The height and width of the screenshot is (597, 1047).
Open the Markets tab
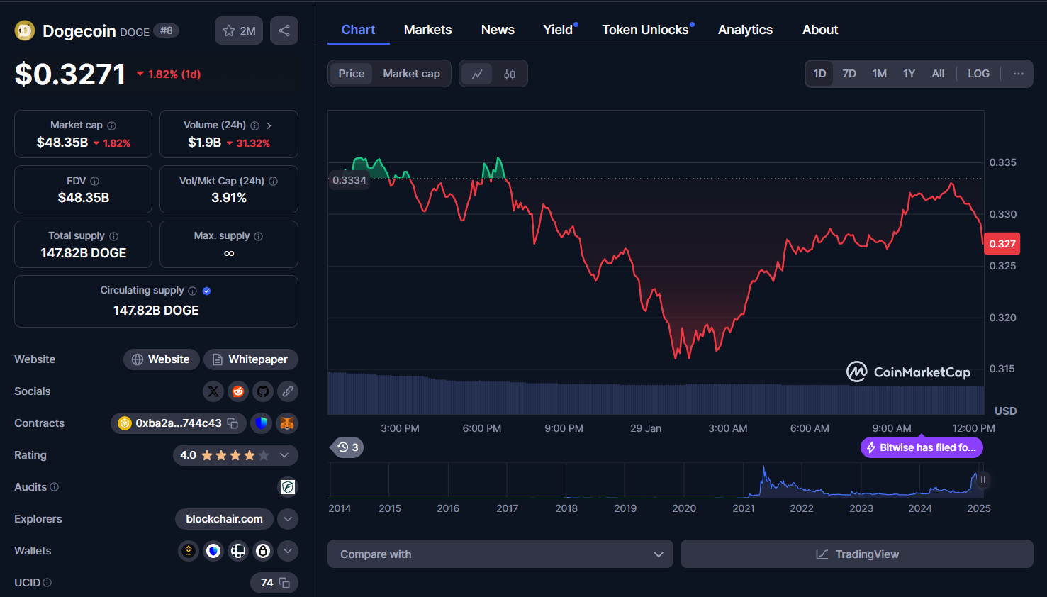coord(427,30)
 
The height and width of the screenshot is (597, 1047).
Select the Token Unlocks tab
coord(645,30)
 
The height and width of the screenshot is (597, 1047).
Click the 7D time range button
coord(849,74)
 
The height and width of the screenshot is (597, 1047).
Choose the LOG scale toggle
coord(978,74)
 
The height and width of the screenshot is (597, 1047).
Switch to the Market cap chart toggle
coord(411,74)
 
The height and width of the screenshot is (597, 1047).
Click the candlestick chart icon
coord(510,74)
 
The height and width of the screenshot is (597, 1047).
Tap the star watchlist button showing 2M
coord(239,30)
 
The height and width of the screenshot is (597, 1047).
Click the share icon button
coord(284,30)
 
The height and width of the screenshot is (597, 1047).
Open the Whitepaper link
coord(251,359)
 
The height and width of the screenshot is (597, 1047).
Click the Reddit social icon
coord(238,391)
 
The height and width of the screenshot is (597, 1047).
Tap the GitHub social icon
coord(263,391)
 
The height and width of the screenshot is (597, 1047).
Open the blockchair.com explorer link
coord(224,519)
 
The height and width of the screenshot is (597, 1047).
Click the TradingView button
coord(857,554)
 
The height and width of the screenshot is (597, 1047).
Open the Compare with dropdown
coord(500,554)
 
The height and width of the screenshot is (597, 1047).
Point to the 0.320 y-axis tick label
coord(1002,318)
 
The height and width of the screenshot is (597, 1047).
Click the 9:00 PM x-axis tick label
coord(564,428)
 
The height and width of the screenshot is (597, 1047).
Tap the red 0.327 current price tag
coord(1002,244)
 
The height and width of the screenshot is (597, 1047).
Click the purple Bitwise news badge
coord(922,447)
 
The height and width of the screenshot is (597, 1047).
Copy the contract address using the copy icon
coord(233,423)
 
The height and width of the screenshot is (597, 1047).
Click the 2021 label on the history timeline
coord(744,508)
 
